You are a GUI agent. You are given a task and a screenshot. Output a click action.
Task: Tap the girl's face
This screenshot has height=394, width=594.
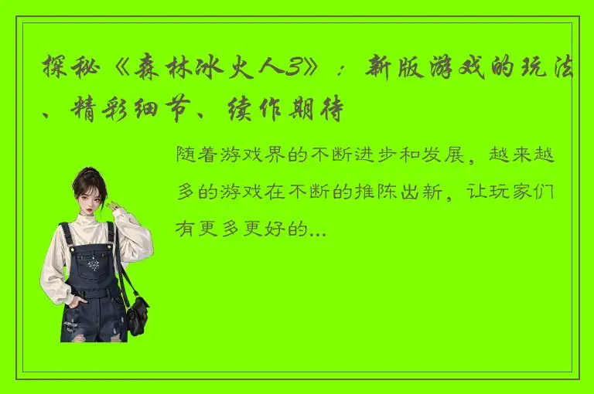(x=92, y=199)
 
